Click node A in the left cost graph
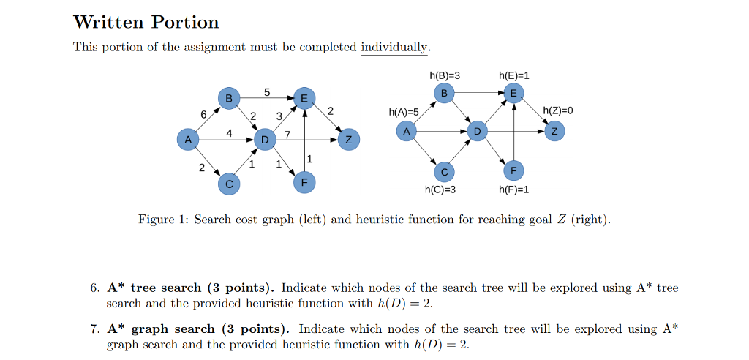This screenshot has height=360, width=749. pyautogui.click(x=188, y=139)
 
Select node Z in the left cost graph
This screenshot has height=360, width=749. pyautogui.click(x=349, y=139)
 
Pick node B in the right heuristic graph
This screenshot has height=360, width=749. pyautogui.click(x=443, y=92)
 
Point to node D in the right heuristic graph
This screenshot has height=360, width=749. pyautogui.click(x=477, y=131)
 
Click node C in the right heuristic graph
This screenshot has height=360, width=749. pyautogui.click(x=443, y=171)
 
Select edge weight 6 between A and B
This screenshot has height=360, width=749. pyautogui.click(x=203, y=113)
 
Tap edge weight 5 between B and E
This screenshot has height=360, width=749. pyautogui.click(x=267, y=92)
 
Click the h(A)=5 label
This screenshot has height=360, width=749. pyautogui.click(x=404, y=112)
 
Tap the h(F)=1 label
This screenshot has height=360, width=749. pyautogui.click(x=513, y=190)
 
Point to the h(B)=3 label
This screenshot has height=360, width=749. pyautogui.click(x=445, y=75)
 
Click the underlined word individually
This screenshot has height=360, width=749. pyautogui.click(x=394, y=48)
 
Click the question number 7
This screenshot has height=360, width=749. pyautogui.click(x=94, y=329)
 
